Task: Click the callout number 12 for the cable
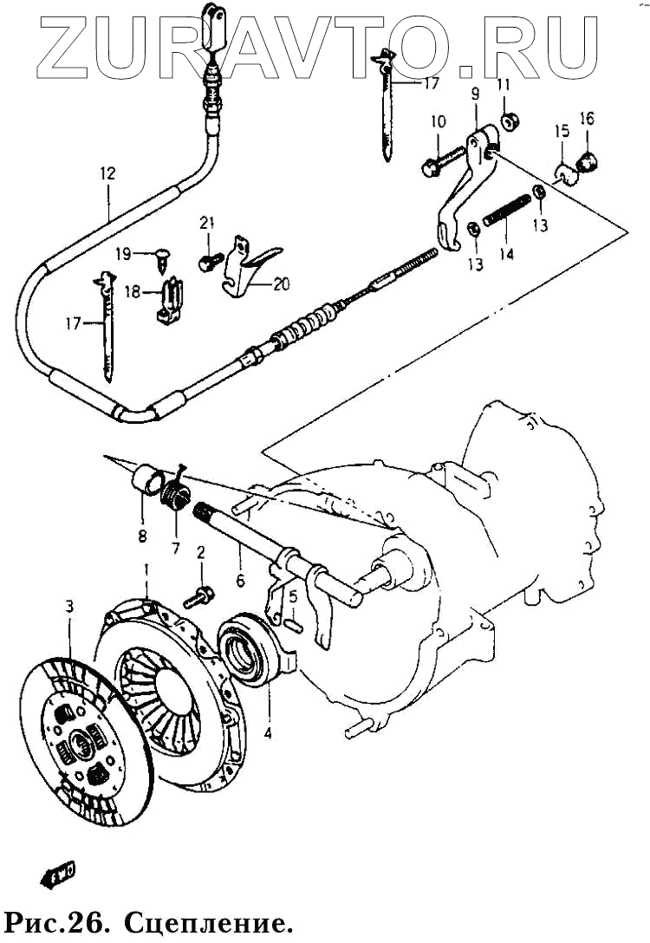107,174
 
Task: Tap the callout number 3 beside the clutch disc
69,607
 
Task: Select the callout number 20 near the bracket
282,283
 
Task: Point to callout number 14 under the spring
506,254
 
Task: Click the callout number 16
587,119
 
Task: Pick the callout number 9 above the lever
475,94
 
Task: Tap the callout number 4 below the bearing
268,733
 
